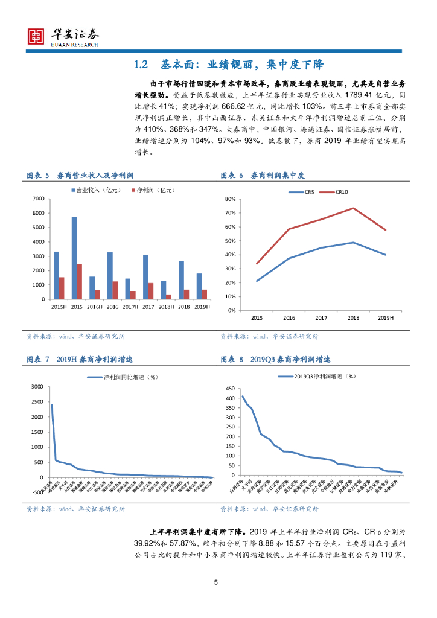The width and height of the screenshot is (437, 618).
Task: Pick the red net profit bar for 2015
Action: [80, 281]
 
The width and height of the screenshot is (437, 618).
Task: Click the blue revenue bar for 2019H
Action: [199, 286]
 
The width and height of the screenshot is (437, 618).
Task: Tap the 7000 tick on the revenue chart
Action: [38, 199]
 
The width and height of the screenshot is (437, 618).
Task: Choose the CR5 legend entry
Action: [305, 192]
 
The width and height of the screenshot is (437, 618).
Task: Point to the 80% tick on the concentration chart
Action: [229, 199]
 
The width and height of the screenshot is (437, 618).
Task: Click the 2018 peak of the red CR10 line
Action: [353, 208]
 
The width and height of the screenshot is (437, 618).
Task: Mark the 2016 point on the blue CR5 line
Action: [289, 258]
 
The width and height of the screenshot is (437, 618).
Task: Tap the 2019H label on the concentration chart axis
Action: [385, 318]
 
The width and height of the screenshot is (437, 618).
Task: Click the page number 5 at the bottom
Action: [215, 582]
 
